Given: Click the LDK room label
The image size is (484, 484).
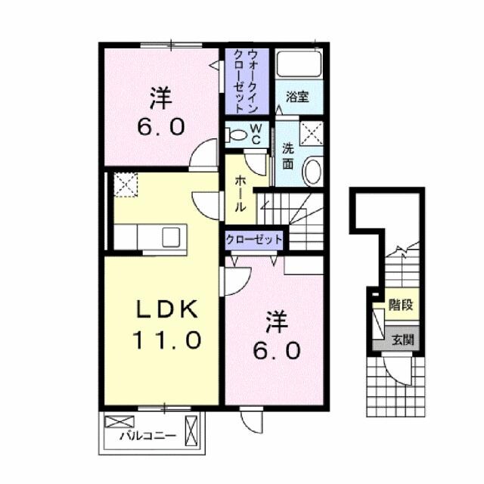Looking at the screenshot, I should pos(168,309).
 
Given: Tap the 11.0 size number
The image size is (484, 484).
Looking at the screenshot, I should pos(168,340).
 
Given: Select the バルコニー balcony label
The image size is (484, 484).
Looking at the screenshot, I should pos(147,436).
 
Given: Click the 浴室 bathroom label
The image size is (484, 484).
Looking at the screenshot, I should pos(296,97).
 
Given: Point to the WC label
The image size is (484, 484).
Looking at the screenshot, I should pos(256,135).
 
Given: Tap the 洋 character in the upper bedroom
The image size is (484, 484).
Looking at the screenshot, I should pos(159,98).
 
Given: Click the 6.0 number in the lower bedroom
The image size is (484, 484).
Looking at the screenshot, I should pos(278,350).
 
